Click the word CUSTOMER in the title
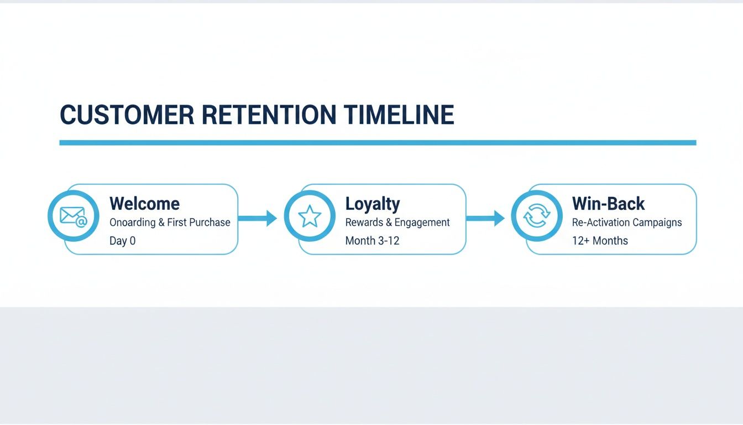(x=127, y=115)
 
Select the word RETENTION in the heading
(x=269, y=115)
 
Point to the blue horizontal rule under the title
(x=378, y=143)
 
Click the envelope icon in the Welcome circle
(x=73, y=216)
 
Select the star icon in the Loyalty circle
(x=310, y=216)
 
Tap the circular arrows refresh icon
(x=536, y=216)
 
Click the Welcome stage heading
(x=144, y=204)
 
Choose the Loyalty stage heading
(x=372, y=204)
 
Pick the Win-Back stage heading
(x=608, y=204)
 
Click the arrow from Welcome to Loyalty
(x=258, y=218)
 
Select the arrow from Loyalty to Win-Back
(x=485, y=218)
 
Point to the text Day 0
(x=122, y=241)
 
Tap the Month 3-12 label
(x=372, y=241)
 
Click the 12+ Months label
(x=600, y=241)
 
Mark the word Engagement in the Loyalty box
(x=423, y=222)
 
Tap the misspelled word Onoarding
(x=133, y=222)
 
